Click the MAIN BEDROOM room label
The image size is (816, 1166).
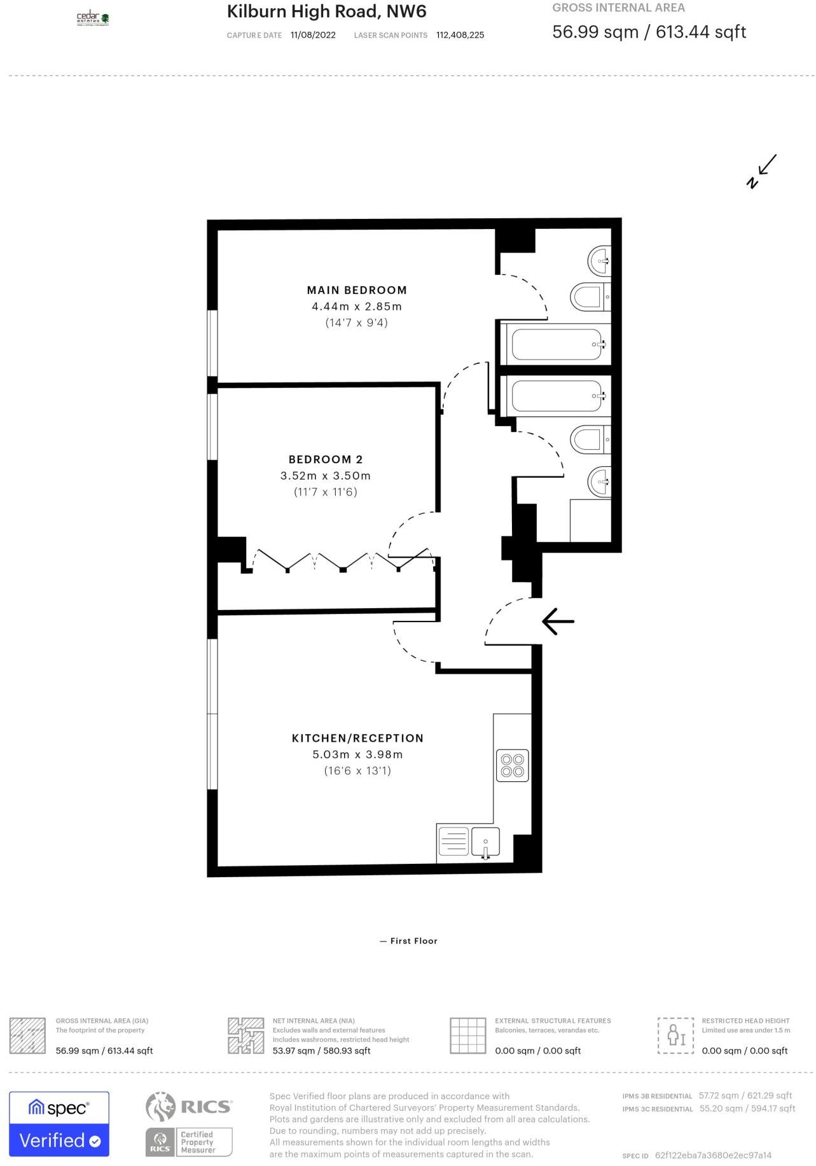pyautogui.click(x=357, y=290)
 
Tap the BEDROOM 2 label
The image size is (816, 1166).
pyautogui.click(x=326, y=459)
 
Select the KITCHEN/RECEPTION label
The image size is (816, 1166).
pyautogui.click(x=357, y=738)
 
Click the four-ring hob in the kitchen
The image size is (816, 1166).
pyautogui.click(x=513, y=765)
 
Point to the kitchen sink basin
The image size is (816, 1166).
pyautogui.click(x=485, y=841)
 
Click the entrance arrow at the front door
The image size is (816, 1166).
pyautogui.click(x=558, y=621)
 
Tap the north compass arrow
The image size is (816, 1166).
pyautogui.click(x=762, y=171)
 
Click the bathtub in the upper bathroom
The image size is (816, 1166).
pyautogui.click(x=557, y=344)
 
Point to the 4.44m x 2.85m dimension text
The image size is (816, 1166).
pyautogui.click(x=357, y=306)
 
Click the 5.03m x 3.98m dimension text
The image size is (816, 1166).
pyautogui.click(x=357, y=754)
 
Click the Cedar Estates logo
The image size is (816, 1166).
pyautogui.click(x=93, y=18)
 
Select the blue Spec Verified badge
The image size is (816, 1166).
pyautogui.click(x=59, y=1124)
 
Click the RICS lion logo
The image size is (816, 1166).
pyautogui.click(x=160, y=1107)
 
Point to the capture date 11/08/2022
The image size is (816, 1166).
pyautogui.click(x=313, y=35)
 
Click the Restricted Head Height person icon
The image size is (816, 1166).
pyautogui.click(x=675, y=1036)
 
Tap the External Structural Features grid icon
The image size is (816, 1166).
pyautogui.click(x=468, y=1036)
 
